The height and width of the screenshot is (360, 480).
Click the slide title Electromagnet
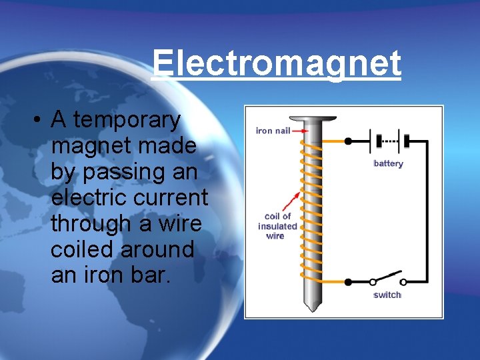pyautogui.click(x=276, y=64)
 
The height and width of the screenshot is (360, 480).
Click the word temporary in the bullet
pyautogui.click(x=127, y=121)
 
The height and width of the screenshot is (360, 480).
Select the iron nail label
pyautogui.click(x=273, y=131)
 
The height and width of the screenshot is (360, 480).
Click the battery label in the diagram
pyautogui.click(x=388, y=163)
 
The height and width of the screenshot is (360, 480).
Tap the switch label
pyautogui.click(x=387, y=295)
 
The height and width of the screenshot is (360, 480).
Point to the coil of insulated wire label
pyautogui.click(x=277, y=226)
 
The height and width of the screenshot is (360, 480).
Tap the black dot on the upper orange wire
pyautogui.click(x=347, y=141)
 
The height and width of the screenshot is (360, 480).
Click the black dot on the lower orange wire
pyautogui.click(x=347, y=282)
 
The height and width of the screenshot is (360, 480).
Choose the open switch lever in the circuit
pyautogui.click(x=389, y=277)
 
